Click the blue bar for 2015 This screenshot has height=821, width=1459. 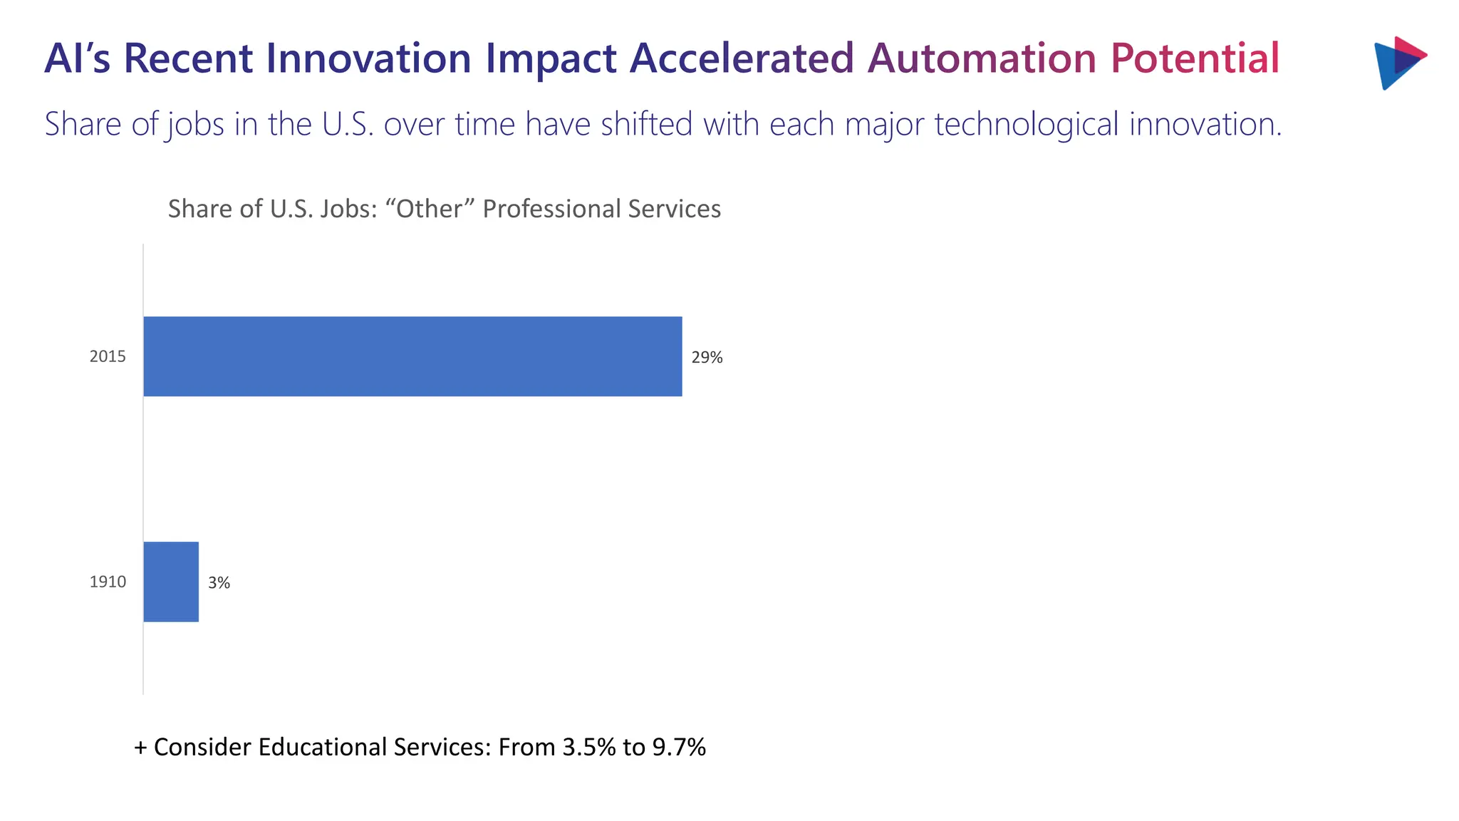click(412, 356)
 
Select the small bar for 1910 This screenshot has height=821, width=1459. click(171, 582)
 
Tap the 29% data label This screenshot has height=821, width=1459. click(707, 358)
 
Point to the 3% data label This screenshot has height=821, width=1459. click(219, 583)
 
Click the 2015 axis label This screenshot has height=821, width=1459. click(108, 356)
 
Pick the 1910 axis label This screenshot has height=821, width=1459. click(108, 582)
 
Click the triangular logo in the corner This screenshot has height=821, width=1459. click(1398, 63)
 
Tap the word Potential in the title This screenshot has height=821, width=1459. click(1195, 58)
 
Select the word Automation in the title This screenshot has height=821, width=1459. click(981, 58)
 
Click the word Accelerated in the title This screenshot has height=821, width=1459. click(741, 58)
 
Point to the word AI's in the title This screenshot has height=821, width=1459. click(77, 58)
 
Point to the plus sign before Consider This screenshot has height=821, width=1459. click(140, 748)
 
